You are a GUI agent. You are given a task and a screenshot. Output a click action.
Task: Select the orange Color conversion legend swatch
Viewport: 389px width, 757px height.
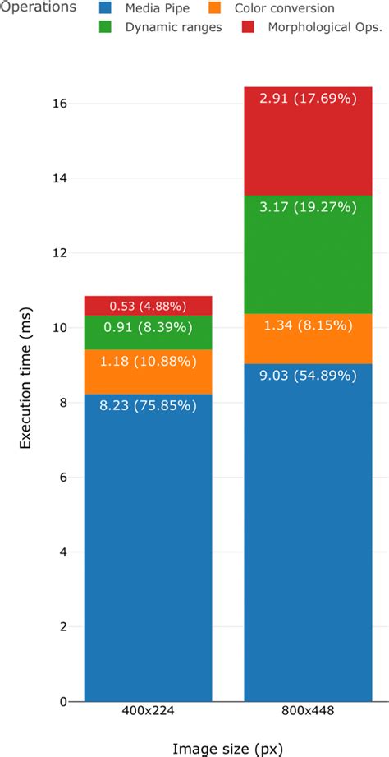click(216, 8)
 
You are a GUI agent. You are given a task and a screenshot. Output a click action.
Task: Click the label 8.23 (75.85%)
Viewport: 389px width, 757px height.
click(148, 404)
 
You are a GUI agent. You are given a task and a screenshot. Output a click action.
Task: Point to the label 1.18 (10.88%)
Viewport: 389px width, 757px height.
click(148, 360)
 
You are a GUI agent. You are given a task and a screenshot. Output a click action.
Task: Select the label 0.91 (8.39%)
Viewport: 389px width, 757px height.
click(148, 327)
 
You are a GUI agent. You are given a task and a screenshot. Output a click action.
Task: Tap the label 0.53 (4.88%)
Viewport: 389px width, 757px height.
click(148, 307)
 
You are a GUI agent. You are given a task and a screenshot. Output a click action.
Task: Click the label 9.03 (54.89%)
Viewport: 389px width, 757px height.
click(308, 376)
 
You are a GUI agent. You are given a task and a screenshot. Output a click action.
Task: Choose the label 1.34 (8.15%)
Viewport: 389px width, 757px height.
click(308, 327)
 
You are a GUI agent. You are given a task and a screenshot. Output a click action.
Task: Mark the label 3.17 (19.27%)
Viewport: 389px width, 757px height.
click(308, 207)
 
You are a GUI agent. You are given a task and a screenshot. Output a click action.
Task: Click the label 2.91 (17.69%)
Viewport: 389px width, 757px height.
click(308, 99)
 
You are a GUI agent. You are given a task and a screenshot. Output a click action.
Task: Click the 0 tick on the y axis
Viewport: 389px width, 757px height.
click(64, 701)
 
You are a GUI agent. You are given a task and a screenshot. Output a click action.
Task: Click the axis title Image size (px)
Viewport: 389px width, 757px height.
click(228, 747)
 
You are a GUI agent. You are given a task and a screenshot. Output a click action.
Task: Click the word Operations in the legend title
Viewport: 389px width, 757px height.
click(38, 7)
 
